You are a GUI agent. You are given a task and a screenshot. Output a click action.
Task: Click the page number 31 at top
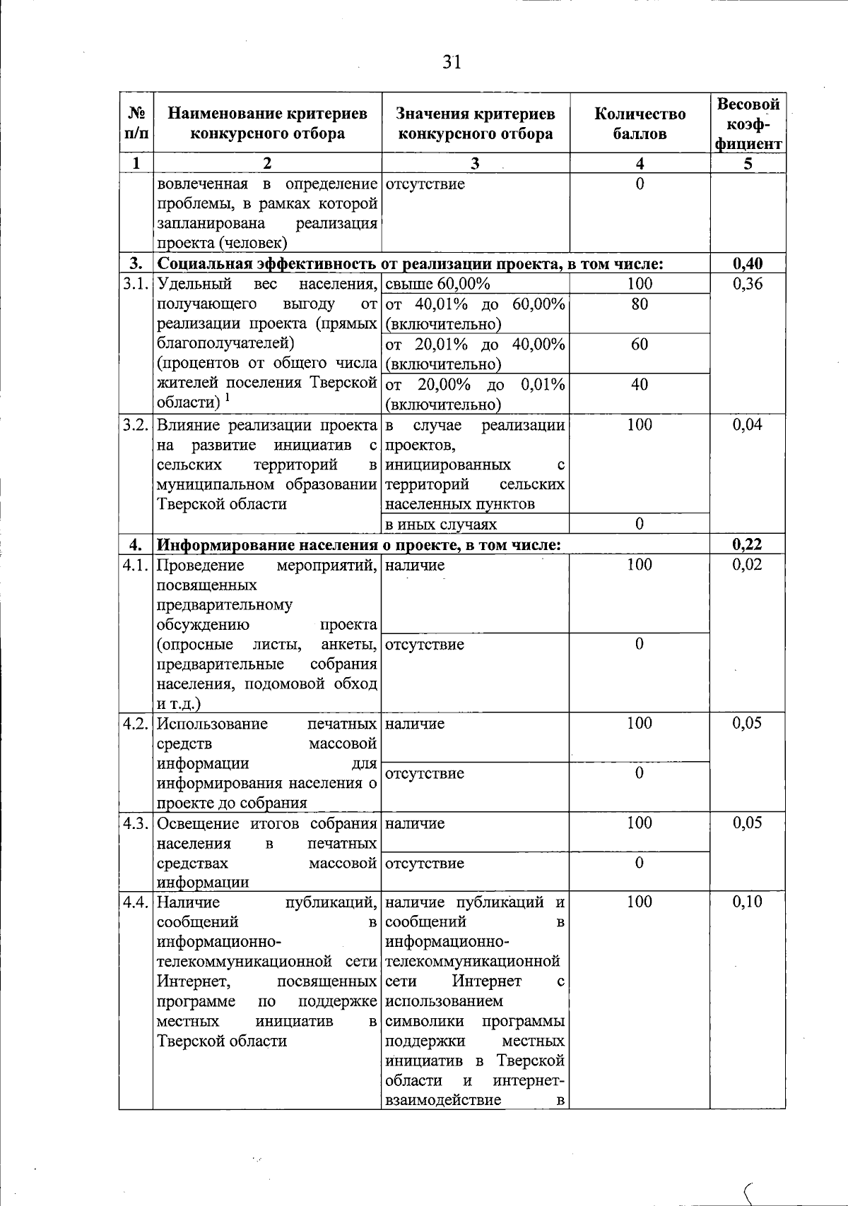pyautogui.click(x=452, y=63)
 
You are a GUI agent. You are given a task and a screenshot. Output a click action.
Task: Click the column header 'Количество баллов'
pyautogui.click(x=640, y=124)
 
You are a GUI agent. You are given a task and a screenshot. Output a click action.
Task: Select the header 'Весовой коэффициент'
pyautogui.click(x=748, y=124)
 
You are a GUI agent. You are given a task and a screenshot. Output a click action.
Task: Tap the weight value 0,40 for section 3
pyautogui.click(x=748, y=264)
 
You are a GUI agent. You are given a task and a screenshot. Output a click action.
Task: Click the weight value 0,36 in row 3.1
pyautogui.click(x=748, y=284)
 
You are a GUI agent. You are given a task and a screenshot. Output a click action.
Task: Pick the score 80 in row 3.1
pyautogui.click(x=640, y=304)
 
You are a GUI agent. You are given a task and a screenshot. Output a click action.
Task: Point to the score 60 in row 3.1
pyautogui.click(x=640, y=345)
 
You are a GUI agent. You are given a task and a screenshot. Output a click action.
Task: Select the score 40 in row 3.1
pyautogui.click(x=640, y=385)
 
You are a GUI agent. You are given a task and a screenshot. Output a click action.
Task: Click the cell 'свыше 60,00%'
pyautogui.click(x=438, y=284)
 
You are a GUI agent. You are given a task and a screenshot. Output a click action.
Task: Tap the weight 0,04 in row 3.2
pyautogui.click(x=748, y=425)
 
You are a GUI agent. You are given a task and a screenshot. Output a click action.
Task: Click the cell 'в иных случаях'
pyautogui.click(x=441, y=524)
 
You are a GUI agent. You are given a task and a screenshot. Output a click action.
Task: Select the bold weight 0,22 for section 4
pyautogui.click(x=748, y=544)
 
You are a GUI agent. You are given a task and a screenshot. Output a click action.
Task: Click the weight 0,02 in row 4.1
pyautogui.click(x=748, y=565)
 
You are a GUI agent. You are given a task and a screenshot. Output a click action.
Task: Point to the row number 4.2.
pyautogui.click(x=135, y=724)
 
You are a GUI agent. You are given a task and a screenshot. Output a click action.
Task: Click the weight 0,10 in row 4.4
pyautogui.click(x=748, y=902)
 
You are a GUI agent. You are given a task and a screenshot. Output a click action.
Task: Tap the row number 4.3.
pyautogui.click(x=135, y=823)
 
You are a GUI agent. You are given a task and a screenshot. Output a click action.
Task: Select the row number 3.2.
pyautogui.click(x=135, y=425)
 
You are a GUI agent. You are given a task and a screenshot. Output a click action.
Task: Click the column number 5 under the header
pyautogui.click(x=748, y=163)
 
